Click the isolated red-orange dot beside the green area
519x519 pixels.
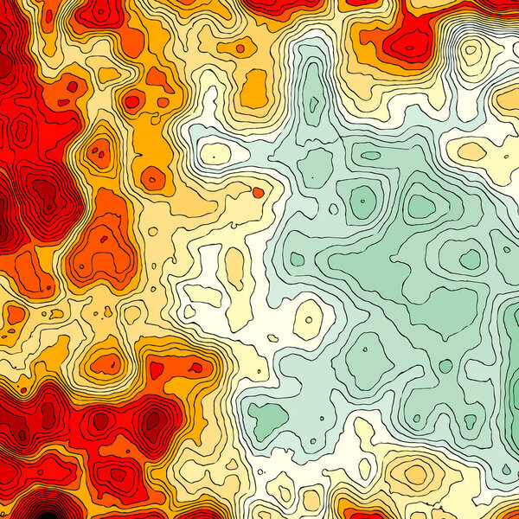[x=257, y=192]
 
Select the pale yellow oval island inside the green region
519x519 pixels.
[x=308, y=320]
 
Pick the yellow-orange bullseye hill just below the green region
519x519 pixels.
[x=416, y=473]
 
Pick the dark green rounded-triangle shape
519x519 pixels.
[x=421, y=205]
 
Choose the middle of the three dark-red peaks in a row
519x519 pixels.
[x=101, y=421]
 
